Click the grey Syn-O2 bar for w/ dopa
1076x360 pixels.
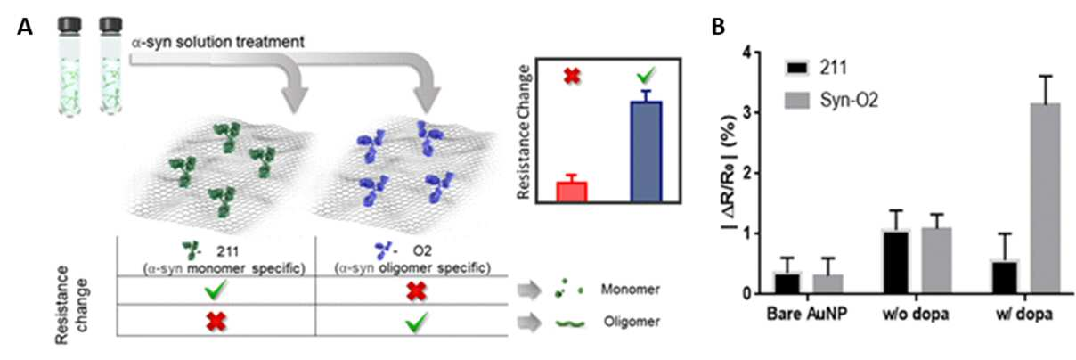(x=1045, y=198)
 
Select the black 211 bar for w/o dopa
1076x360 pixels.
(x=896, y=263)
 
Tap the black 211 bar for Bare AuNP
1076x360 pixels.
(x=787, y=283)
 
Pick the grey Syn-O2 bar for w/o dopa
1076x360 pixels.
(x=936, y=260)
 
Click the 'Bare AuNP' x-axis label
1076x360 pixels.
(x=806, y=315)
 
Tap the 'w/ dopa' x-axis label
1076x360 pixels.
(x=1023, y=315)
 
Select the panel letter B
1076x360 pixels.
(x=718, y=27)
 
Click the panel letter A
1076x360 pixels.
(x=25, y=27)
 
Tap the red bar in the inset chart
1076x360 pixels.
(x=572, y=192)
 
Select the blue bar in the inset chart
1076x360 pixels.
(x=646, y=151)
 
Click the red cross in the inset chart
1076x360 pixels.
(x=572, y=76)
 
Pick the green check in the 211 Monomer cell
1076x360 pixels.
(x=215, y=290)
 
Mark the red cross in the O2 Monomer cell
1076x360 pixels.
(x=416, y=290)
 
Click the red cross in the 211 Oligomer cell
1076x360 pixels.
(x=216, y=322)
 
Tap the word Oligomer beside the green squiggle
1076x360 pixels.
(x=632, y=322)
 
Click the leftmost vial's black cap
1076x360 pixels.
(x=69, y=25)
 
